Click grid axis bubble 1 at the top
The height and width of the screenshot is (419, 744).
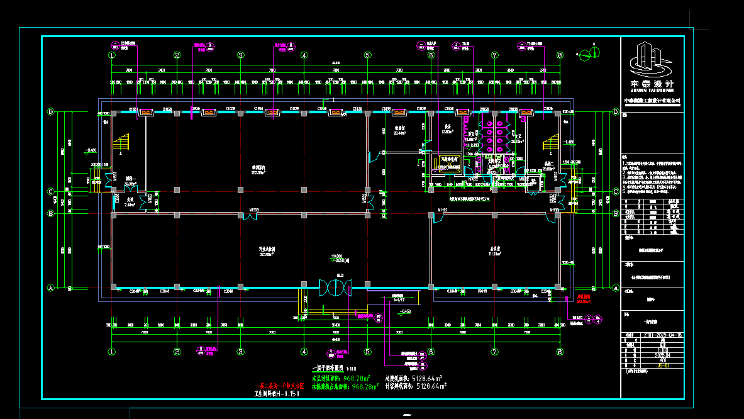pyautogui.click(x=112, y=55)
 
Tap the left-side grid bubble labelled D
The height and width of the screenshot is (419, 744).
pyautogui.click(x=51, y=112)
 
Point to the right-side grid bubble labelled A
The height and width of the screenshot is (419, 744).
pyautogui.click(x=614, y=288)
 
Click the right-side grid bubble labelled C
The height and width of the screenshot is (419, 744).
pyautogui.click(x=614, y=192)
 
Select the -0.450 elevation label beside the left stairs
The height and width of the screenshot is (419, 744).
pyautogui.click(x=91, y=151)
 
